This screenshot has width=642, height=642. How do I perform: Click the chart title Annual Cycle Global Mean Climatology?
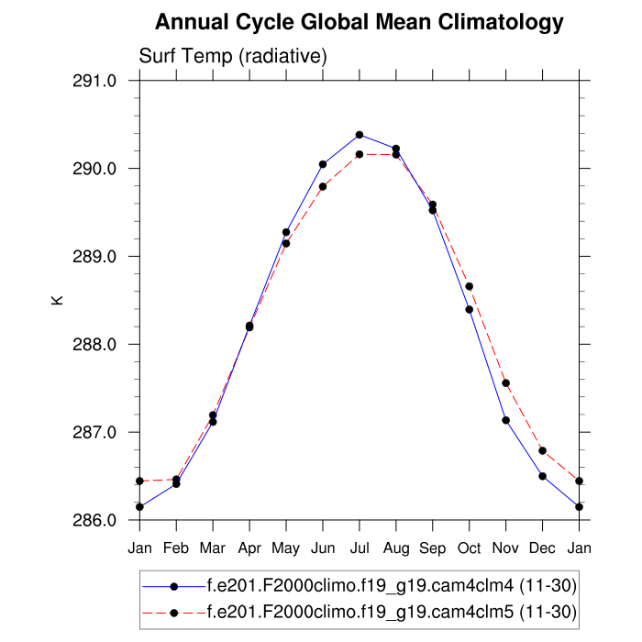359,21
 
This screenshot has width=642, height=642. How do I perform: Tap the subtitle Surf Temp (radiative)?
233,57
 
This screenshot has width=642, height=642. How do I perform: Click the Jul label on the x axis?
360,548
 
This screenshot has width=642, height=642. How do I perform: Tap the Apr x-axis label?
249,548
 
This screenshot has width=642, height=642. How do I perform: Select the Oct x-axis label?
470,548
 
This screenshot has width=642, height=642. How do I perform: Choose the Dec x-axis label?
543,548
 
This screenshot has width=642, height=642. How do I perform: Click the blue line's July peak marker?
360,135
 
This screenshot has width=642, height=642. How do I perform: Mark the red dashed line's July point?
360,154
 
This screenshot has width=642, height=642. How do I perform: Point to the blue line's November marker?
506,420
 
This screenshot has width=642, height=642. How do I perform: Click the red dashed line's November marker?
506,382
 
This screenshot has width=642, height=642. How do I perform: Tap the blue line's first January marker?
139,506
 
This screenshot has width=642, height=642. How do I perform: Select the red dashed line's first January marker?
139,481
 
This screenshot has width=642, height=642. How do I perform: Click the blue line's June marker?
323,164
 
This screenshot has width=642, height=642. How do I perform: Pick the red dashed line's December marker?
543,450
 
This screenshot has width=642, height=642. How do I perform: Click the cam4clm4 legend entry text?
392,585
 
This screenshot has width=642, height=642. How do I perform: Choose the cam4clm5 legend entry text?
392,612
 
